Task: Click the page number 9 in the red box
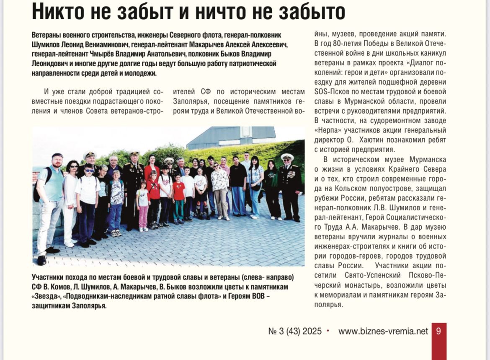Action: point(438,331)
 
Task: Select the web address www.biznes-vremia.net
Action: point(383,331)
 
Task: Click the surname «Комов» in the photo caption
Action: point(56,287)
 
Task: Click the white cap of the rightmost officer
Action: point(287,156)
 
